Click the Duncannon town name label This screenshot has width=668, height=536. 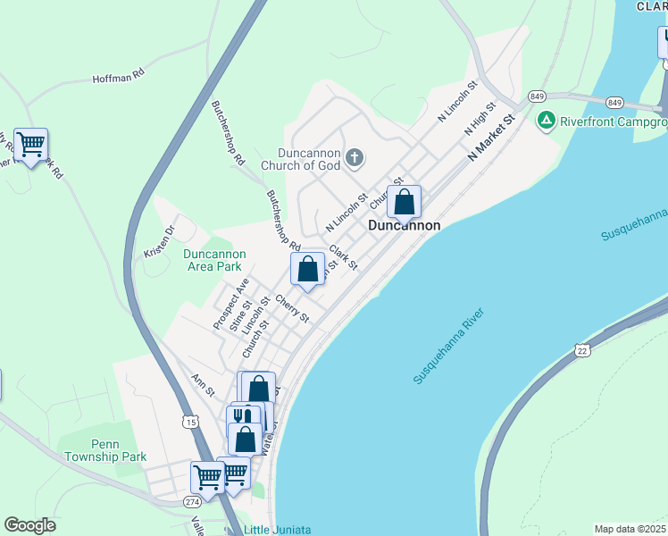tap(405, 226)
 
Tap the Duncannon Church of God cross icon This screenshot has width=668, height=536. tap(355, 159)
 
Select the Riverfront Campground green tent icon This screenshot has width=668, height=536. tap(545, 120)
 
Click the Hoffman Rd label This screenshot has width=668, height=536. tap(118, 79)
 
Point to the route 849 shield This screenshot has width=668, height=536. tap(537, 96)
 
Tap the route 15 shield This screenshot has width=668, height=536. tap(189, 421)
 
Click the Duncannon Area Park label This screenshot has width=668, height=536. tap(213, 260)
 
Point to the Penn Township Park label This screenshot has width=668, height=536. tap(105, 450)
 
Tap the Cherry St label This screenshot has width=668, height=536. tap(292, 309)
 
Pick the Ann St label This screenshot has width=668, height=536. tap(204, 386)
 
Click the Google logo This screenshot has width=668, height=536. tap(29, 525)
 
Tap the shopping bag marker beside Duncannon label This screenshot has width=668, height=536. tap(404, 203)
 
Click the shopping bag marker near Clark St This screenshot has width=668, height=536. tap(307, 270)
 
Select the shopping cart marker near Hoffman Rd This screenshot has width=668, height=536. tap(31, 145)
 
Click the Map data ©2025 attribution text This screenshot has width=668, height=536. tap(629, 529)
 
